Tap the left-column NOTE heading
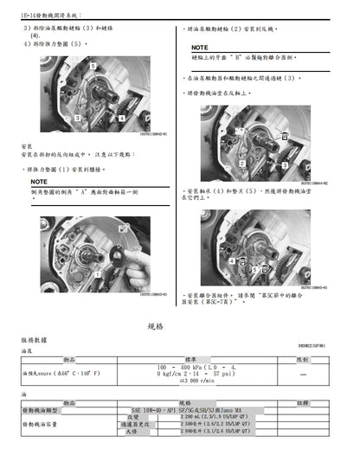40,183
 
